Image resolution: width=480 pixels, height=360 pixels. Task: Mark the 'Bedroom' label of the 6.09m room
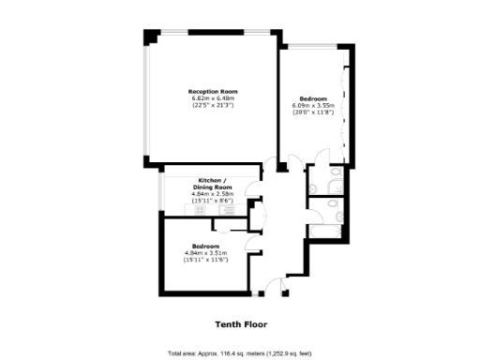coord(313,99)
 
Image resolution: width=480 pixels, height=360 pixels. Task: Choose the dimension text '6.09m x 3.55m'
coord(313,106)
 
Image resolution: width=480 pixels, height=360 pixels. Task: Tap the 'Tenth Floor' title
coord(240,324)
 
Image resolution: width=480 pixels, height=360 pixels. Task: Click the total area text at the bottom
coord(240,352)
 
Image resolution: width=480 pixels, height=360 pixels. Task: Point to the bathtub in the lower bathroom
coord(329,228)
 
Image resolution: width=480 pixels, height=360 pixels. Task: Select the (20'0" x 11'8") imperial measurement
coord(313,112)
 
